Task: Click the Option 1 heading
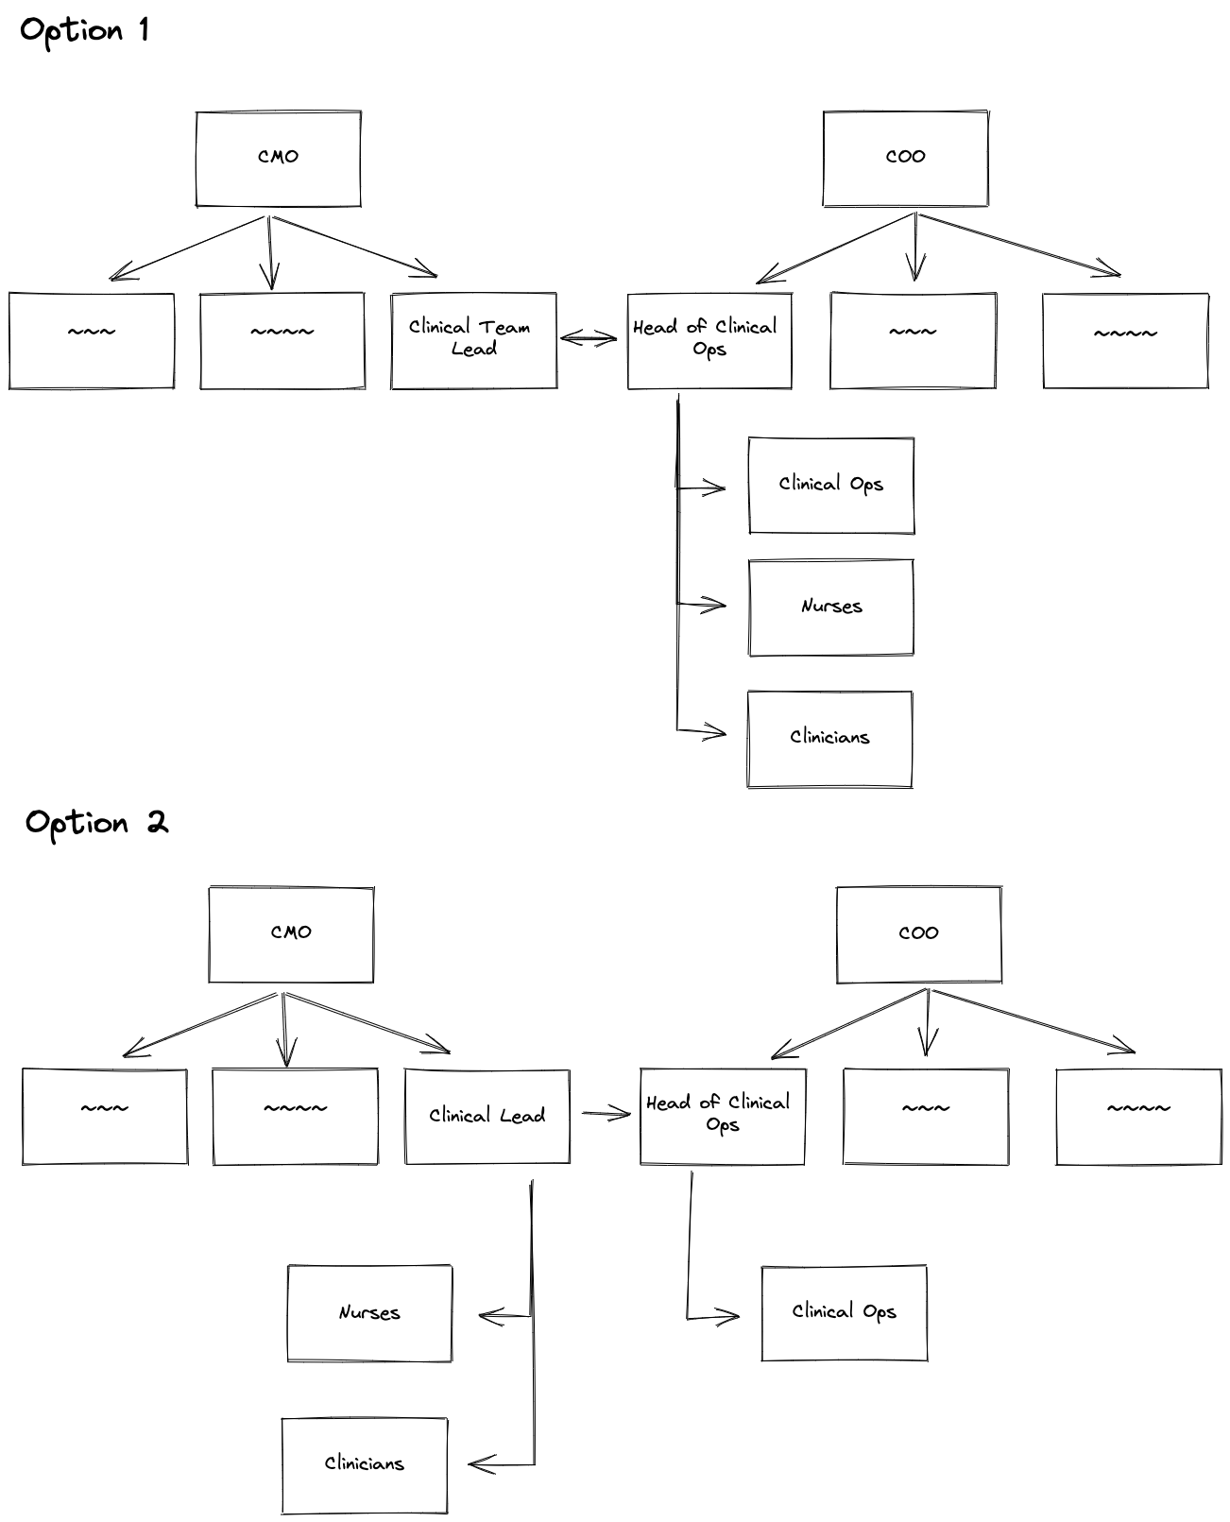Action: [84, 31]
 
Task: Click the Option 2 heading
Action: [96, 823]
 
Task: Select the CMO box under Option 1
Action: [278, 158]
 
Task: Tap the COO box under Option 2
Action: [918, 934]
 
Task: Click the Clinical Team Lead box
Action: [473, 340]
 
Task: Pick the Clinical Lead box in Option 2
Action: [487, 1116]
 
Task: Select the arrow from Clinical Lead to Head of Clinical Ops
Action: [606, 1115]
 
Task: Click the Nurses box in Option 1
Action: [830, 607]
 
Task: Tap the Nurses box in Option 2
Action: [369, 1313]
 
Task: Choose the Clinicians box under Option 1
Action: [829, 739]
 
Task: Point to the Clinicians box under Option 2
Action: [364, 1464]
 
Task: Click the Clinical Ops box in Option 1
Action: [830, 486]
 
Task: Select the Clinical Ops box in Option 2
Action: [844, 1313]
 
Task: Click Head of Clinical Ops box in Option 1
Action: [709, 340]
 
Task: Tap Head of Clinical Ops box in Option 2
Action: [722, 1116]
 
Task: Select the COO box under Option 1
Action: [905, 158]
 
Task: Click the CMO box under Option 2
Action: [291, 934]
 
